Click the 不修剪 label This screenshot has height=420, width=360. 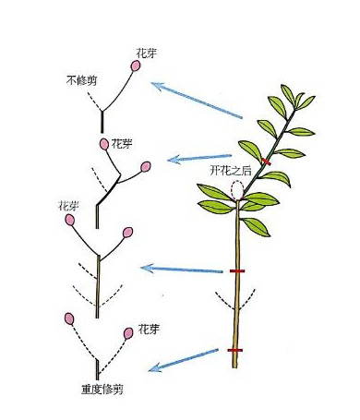point(83,80)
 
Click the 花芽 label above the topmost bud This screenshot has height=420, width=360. point(145,54)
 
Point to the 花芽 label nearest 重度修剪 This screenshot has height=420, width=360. point(150,328)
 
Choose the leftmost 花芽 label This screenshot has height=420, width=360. point(68,204)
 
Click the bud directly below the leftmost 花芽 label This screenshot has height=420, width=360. point(70,222)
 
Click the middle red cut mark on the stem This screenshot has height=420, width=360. point(237,271)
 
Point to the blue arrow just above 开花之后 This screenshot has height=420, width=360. point(199,157)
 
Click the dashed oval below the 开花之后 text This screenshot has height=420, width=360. point(237,191)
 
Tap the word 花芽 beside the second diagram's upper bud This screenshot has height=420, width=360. point(122,144)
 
